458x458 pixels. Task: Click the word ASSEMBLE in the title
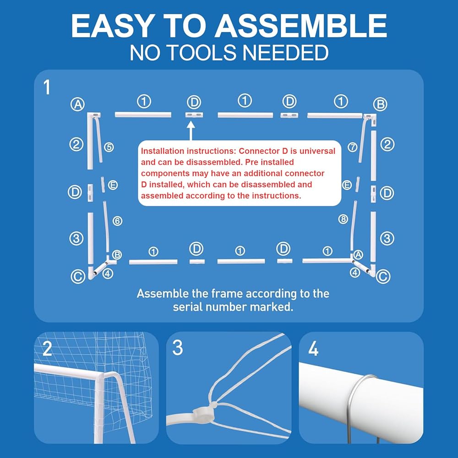click(x=301, y=26)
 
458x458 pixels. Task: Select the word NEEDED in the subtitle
click(x=285, y=53)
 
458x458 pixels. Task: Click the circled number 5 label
click(x=109, y=147)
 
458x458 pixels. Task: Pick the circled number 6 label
click(x=117, y=221)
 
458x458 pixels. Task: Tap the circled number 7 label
click(x=353, y=147)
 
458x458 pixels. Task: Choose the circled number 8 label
click(x=343, y=219)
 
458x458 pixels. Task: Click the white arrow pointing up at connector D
click(x=191, y=131)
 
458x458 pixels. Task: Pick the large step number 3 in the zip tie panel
click(x=178, y=348)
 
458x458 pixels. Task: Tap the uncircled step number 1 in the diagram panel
click(x=47, y=87)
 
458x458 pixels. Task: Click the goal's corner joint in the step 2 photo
click(x=101, y=376)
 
